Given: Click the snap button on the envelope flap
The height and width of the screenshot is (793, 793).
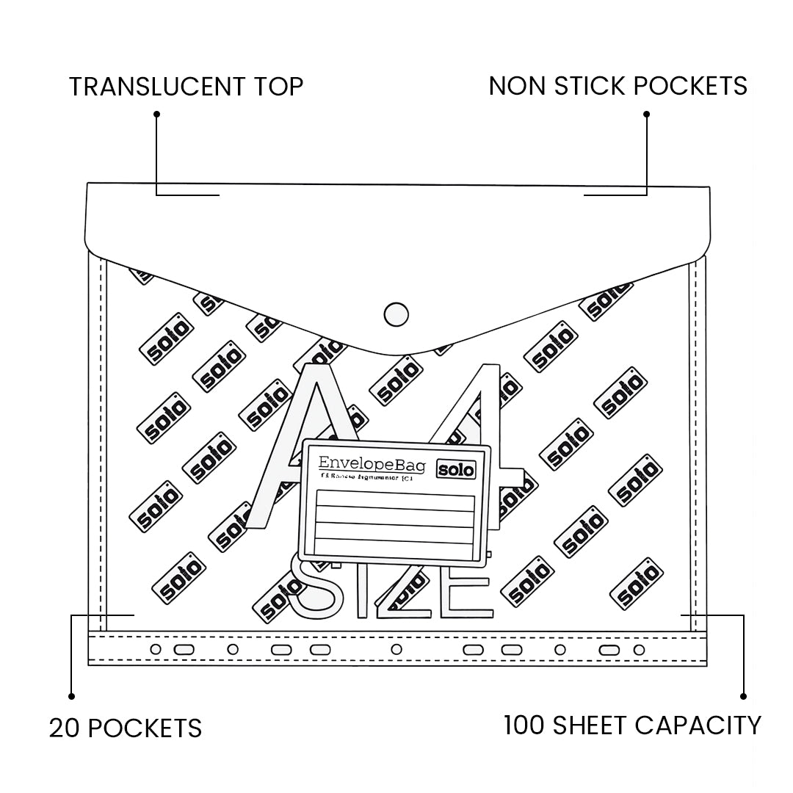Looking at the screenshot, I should pyautogui.click(x=396, y=314).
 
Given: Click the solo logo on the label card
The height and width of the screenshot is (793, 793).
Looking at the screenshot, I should pyautogui.click(x=456, y=469).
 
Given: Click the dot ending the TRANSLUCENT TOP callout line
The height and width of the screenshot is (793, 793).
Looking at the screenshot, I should pyautogui.click(x=156, y=114).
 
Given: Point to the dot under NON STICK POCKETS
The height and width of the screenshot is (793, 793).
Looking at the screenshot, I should pyautogui.click(x=646, y=114).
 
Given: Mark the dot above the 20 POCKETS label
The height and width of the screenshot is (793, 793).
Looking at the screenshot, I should pyautogui.click(x=71, y=695).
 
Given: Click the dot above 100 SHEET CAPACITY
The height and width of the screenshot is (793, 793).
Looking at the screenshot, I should pyautogui.click(x=743, y=695).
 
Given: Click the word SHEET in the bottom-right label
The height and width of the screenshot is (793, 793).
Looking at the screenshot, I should pyautogui.click(x=592, y=725).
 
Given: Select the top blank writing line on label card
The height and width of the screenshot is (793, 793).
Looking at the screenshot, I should pyautogui.click(x=395, y=503).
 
